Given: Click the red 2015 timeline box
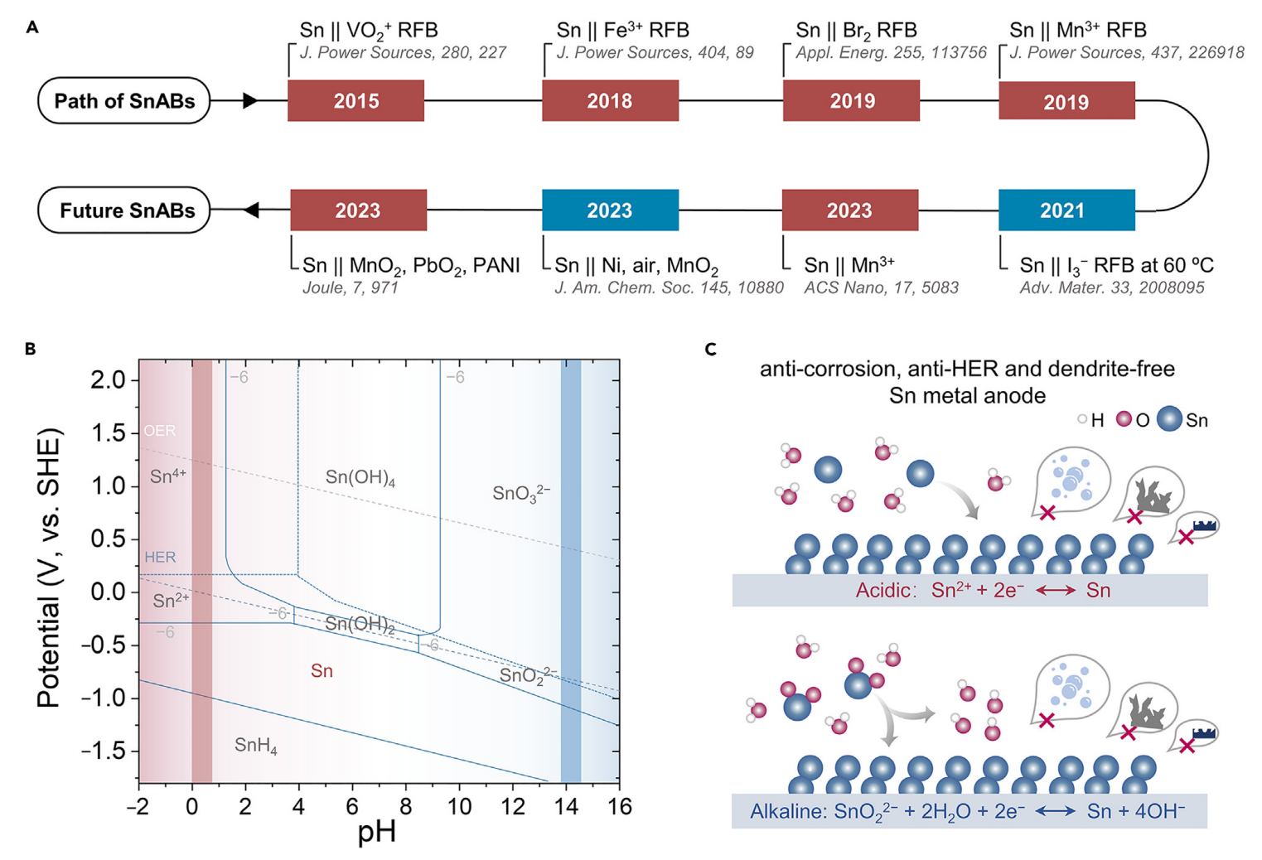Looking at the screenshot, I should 355,101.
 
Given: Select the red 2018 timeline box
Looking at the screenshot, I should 610,101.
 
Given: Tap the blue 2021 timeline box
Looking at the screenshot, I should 1066,210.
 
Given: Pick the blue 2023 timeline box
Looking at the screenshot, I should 610,210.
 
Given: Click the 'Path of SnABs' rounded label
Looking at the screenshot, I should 124,101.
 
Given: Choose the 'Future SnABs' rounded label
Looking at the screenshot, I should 124,210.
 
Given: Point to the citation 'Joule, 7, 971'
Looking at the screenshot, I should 351,288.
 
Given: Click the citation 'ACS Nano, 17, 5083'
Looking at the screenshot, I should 881,288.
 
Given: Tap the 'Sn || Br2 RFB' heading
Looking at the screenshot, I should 856,31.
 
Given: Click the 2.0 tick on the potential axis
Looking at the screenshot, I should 108,379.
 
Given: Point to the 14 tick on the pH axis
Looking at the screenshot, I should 567,806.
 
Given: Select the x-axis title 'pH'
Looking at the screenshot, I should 377,832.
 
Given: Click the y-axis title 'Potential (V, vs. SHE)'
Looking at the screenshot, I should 49,568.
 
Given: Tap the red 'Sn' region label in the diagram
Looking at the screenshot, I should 322,671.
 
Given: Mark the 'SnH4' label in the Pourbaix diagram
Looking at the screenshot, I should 255,746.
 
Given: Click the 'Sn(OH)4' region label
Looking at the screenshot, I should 360,478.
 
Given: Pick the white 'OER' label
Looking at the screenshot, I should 159,431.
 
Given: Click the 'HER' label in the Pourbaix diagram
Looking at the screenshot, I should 160,557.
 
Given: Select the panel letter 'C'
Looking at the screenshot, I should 710,350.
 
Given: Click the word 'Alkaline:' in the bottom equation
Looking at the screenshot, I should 786,811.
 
